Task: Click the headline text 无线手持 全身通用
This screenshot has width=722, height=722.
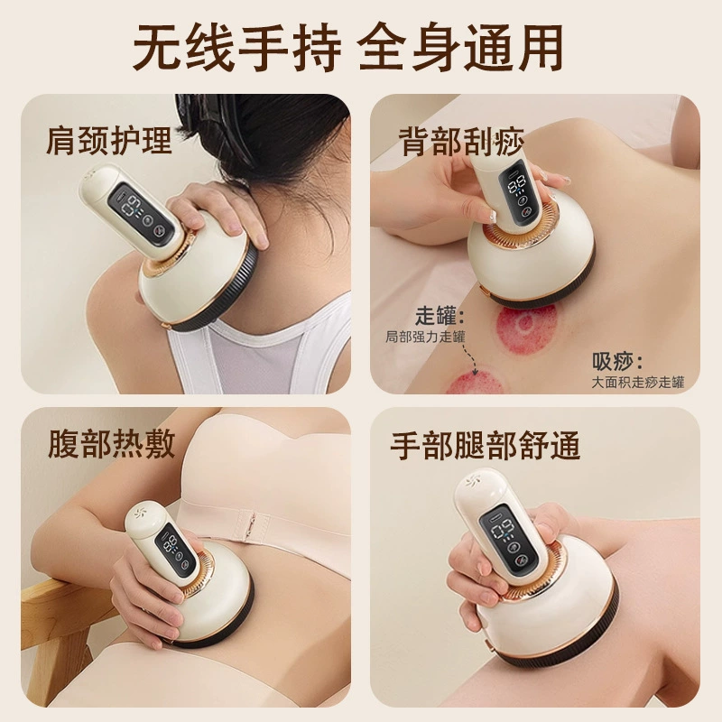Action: (x=348, y=47)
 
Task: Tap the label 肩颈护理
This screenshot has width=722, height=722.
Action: (x=109, y=140)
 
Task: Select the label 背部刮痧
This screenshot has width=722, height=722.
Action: (x=461, y=142)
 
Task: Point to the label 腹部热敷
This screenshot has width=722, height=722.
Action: (x=111, y=444)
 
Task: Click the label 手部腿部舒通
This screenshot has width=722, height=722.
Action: (x=485, y=446)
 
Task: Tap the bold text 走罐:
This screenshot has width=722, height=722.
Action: (x=440, y=316)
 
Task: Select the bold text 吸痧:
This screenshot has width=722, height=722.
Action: (x=617, y=362)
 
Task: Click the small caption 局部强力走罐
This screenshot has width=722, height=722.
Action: (x=425, y=337)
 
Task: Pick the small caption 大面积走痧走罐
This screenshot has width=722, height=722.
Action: (x=638, y=382)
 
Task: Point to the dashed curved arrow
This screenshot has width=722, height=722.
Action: (x=467, y=356)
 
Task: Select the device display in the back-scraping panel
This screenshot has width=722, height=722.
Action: (x=523, y=192)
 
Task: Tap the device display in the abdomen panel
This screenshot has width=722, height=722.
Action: (x=175, y=553)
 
